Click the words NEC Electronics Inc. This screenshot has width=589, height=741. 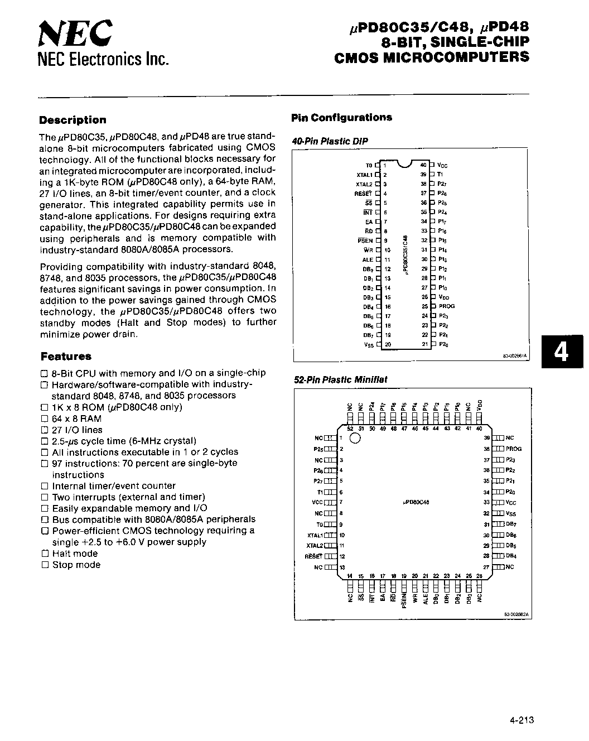click(x=103, y=59)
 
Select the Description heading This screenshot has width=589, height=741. click(x=73, y=120)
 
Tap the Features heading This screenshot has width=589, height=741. click(x=65, y=357)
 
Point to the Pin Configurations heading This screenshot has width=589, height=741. click(x=341, y=118)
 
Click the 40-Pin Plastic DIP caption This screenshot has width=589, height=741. click(x=330, y=141)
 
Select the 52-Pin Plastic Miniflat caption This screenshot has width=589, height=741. click(x=340, y=379)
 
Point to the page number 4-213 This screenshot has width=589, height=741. click(x=522, y=720)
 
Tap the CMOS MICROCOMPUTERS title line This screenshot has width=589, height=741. click(x=431, y=57)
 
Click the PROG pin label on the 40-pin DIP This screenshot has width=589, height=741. click(x=447, y=306)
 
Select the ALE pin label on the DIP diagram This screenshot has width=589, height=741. click(x=368, y=259)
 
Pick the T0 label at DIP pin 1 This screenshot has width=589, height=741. click(x=369, y=165)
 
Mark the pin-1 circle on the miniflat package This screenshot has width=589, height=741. click(x=355, y=439)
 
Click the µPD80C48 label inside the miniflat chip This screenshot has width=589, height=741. click(x=416, y=502)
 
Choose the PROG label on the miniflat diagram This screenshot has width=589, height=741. click(x=514, y=449)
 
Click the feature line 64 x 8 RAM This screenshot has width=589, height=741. click(x=76, y=418)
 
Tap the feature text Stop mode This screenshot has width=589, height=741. click(x=76, y=565)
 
